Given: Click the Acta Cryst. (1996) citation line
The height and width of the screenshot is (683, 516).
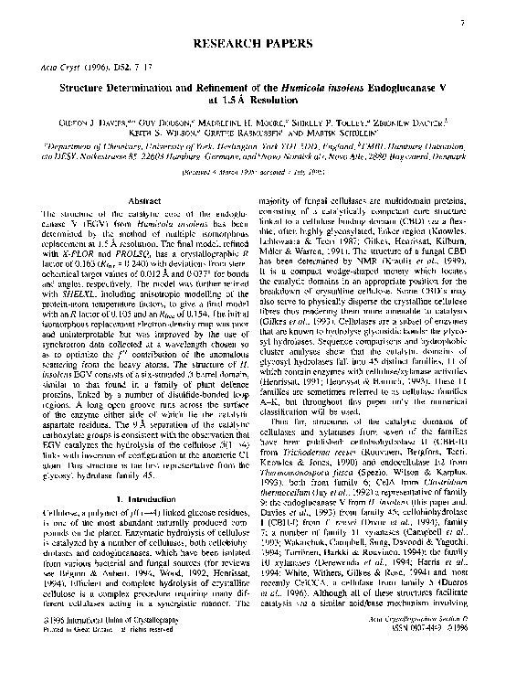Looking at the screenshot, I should click(x=93, y=67).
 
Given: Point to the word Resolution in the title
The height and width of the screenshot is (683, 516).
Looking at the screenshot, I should click(x=292, y=100).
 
